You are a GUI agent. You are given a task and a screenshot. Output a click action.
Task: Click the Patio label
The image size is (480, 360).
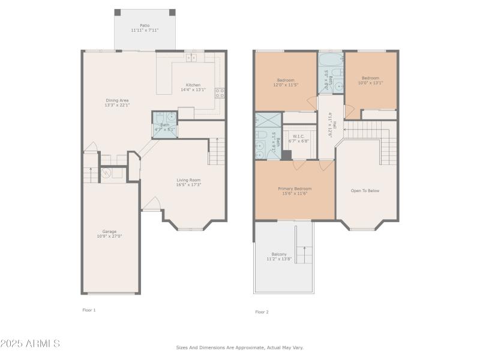(145, 25)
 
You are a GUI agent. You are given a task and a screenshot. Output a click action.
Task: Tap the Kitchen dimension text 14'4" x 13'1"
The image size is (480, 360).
(193, 90)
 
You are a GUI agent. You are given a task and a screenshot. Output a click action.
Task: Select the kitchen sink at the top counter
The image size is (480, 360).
(191, 58)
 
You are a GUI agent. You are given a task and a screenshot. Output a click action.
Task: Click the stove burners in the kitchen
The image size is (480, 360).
(220, 92)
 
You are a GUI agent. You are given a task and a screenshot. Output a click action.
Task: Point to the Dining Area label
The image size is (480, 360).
(117, 100)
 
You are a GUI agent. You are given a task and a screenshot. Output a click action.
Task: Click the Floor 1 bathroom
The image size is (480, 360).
(164, 125)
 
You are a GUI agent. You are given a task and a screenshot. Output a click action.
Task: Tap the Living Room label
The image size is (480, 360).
(188, 180)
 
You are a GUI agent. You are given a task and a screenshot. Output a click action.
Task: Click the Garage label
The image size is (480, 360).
(109, 232)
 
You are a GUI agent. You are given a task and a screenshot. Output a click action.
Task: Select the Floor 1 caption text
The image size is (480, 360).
(89, 310)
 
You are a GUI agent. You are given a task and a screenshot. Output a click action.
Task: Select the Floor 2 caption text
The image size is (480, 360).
(262, 312)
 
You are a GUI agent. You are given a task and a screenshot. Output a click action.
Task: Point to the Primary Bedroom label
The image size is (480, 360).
(295, 188)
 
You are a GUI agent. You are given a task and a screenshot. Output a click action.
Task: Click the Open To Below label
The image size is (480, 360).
(365, 191)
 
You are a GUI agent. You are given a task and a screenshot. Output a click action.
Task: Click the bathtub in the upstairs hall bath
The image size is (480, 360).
(330, 61)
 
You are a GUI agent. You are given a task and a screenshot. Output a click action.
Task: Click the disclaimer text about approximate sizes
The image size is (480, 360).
(239, 347)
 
